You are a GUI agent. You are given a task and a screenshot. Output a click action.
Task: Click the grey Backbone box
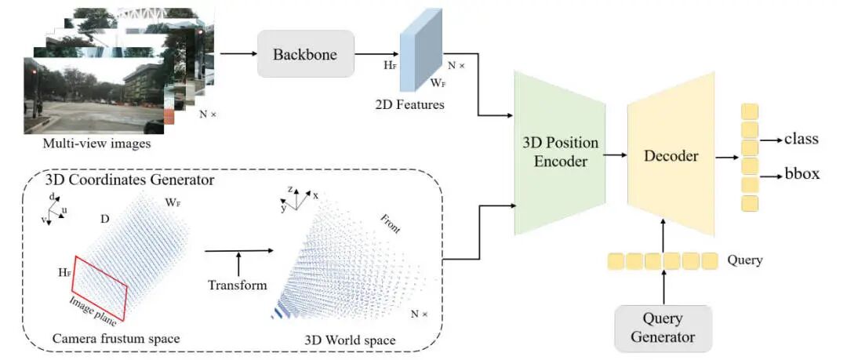click(305, 53)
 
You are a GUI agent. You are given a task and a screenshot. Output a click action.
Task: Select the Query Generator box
click(663, 329)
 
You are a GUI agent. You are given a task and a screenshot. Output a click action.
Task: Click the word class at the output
click(802, 139)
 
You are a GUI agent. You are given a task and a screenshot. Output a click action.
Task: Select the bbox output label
click(802, 174)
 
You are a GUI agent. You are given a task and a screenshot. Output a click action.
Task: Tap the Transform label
click(238, 285)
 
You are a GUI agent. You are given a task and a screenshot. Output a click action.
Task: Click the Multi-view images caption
click(96, 144)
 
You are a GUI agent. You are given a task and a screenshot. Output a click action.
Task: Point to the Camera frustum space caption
click(116, 339)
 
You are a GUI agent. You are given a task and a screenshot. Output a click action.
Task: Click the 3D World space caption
click(350, 340)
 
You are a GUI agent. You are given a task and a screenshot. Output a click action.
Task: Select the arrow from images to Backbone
click(238, 53)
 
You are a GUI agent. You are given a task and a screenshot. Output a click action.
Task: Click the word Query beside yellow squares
click(745, 260)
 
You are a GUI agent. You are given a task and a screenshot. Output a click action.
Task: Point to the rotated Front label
click(391, 224)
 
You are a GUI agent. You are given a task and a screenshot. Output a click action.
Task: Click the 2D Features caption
click(410, 104)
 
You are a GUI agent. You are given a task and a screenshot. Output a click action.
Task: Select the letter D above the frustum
click(106, 220)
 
